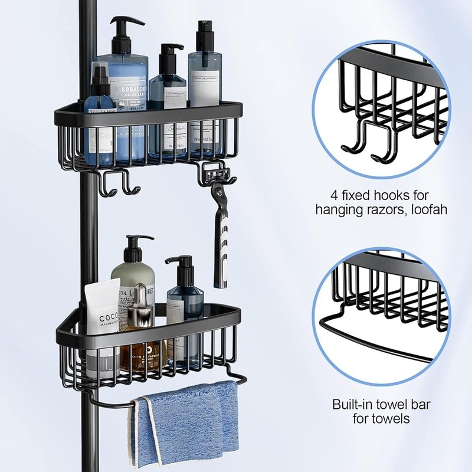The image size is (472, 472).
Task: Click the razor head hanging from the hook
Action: tap(218, 176)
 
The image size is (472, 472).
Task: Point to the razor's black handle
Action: tap(222, 248)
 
